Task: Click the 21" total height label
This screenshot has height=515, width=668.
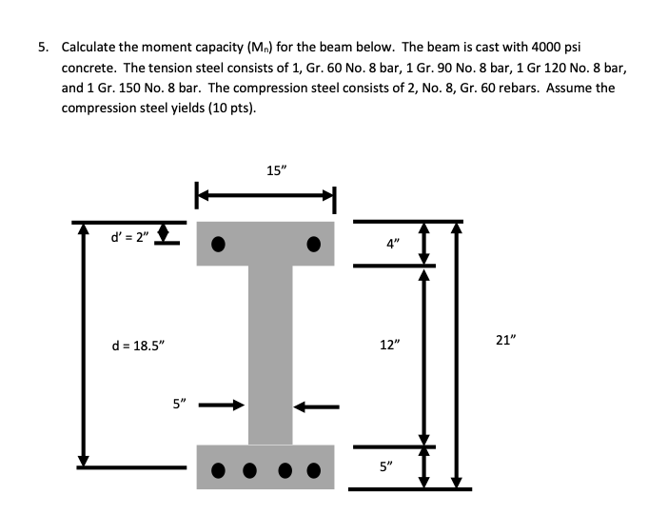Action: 507,339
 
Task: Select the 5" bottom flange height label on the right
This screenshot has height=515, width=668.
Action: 384,466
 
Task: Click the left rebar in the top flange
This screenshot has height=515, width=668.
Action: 218,242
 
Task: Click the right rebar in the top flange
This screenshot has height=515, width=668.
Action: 313,242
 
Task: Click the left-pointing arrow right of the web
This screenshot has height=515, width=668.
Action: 316,406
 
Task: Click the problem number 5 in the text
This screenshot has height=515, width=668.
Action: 42,47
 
